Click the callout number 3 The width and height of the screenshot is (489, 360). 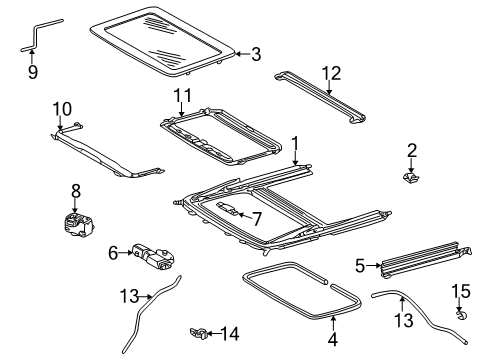click(256, 54)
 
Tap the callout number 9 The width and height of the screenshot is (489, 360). click(33, 72)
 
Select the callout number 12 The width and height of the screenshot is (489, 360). click(331, 74)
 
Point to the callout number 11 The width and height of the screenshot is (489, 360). click(183, 95)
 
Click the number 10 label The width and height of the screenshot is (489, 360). click(62, 109)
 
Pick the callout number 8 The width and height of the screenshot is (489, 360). click(76, 191)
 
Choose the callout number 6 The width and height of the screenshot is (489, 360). click(113, 253)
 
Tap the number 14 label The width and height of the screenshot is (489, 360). click(230, 334)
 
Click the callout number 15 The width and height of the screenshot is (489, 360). click(461, 291)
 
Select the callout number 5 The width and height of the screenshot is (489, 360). click(360, 266)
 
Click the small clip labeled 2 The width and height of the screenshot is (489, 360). click(410, 178)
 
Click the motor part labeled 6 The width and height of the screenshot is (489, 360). click(154, 257)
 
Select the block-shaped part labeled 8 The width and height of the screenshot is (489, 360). click(78, 224)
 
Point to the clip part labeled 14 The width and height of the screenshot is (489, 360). click(199, 333)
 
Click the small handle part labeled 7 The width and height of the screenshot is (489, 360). click(227, 208)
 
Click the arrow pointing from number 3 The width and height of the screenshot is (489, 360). click(243, 54)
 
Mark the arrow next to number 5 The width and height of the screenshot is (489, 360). click(374, 266)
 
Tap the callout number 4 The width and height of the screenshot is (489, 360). click(333, 339)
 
